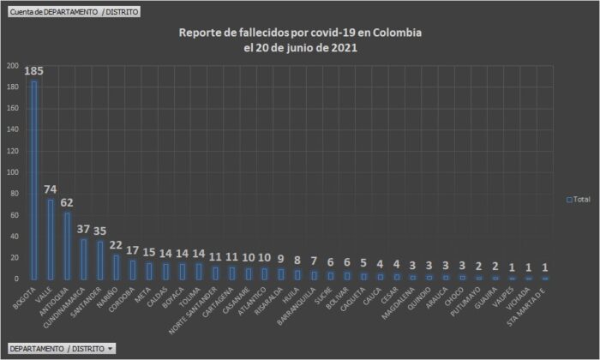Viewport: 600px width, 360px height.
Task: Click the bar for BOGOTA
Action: [34, 180]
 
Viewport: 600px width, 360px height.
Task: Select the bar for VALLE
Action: [51, 239]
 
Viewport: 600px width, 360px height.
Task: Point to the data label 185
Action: [34, 70]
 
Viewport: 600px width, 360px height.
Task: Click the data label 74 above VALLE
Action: [51, 189]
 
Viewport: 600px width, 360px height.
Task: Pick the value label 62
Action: [67, 202]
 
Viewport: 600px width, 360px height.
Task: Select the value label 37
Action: [83, 229]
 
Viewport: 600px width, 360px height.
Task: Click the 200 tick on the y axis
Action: [12, 65]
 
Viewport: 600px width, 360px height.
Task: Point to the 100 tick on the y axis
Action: [12, 172]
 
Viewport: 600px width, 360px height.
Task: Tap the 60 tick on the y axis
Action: [14, 215]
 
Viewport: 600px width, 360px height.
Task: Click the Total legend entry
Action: [579, 199]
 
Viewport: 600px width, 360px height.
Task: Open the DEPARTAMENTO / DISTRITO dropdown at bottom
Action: [61, 349]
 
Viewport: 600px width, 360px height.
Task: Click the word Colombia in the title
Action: [399, 33]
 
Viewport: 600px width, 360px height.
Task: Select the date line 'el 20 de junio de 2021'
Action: [300, 48]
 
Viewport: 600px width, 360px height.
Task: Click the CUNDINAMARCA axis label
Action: [71, 304]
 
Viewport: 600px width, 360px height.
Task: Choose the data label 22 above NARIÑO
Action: [116, 245]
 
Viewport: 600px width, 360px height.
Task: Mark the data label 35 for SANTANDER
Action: [99, 231]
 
